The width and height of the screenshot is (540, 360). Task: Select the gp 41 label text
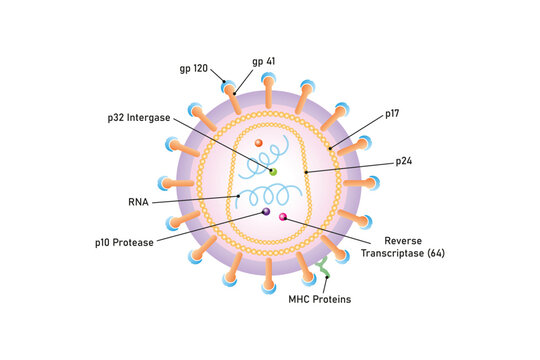264,61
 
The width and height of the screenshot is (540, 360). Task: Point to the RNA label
139,201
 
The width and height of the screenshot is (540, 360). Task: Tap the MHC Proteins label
320,298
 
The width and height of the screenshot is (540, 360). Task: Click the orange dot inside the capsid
258,144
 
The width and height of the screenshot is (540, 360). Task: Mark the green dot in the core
273,171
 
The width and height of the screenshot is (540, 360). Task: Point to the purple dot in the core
266,211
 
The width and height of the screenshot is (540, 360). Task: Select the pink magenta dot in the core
283,216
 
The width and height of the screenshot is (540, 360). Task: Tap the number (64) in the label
435,254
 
